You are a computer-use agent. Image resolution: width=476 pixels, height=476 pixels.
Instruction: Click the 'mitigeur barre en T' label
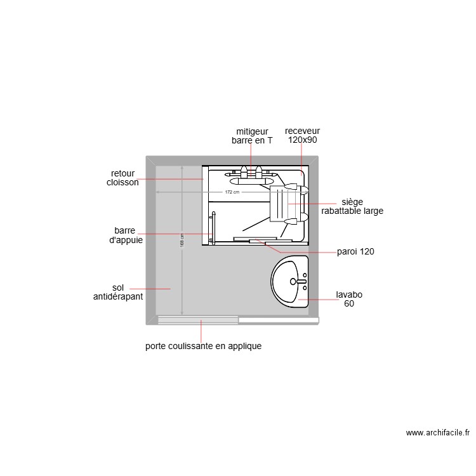252,136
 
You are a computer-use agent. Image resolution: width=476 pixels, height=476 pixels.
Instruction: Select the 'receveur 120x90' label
302,136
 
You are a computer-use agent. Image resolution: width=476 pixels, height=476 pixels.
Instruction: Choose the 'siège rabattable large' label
352,206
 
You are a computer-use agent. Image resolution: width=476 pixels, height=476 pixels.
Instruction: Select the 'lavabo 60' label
349,299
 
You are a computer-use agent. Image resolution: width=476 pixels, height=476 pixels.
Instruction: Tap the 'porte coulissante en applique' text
203,347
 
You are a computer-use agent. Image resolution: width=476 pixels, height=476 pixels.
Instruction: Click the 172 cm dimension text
232,192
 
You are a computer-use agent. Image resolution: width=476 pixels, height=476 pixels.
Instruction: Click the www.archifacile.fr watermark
438,433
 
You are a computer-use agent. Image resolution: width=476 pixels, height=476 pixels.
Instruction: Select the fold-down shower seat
279,203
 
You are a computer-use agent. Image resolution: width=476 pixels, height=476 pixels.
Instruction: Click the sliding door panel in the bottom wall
198,320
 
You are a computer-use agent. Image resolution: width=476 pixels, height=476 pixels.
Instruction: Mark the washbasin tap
301,281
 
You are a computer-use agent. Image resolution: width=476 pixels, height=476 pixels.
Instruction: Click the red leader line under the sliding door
201,331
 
